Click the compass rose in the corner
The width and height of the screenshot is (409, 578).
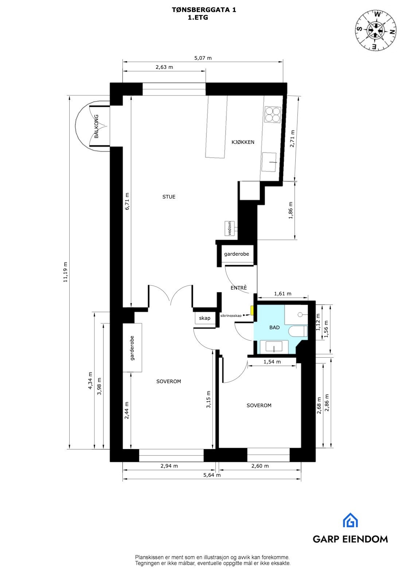tap(376, 30)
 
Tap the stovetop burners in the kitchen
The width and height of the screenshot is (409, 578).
tap(272, 114)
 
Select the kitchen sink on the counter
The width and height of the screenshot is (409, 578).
tap(270, 162)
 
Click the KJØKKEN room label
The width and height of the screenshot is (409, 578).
tap(243, 142)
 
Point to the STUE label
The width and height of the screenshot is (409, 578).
tap(169, 197)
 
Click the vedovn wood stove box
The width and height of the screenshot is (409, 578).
tap(230, 229)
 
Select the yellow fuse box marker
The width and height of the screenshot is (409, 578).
tap(252, 310)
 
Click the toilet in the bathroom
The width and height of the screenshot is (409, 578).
tap(298, 331)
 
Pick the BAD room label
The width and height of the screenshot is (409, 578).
tap(274, 327)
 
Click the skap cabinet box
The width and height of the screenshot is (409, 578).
tap(204, 318)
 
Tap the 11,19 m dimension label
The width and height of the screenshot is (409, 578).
tap(66, 272)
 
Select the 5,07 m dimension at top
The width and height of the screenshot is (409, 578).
tap(203, 58)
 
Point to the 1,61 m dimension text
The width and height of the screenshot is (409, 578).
tap(283, 294)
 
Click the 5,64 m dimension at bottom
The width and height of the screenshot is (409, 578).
tap(212, 475)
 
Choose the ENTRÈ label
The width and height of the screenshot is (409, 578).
tap(239, 288)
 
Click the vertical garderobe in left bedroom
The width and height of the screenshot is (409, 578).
tap(132, 347)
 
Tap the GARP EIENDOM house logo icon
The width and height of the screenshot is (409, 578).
tap(350, 520)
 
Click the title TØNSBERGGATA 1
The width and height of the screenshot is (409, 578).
tap(204, 10)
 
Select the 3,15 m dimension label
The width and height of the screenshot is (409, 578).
tap(209, 400)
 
